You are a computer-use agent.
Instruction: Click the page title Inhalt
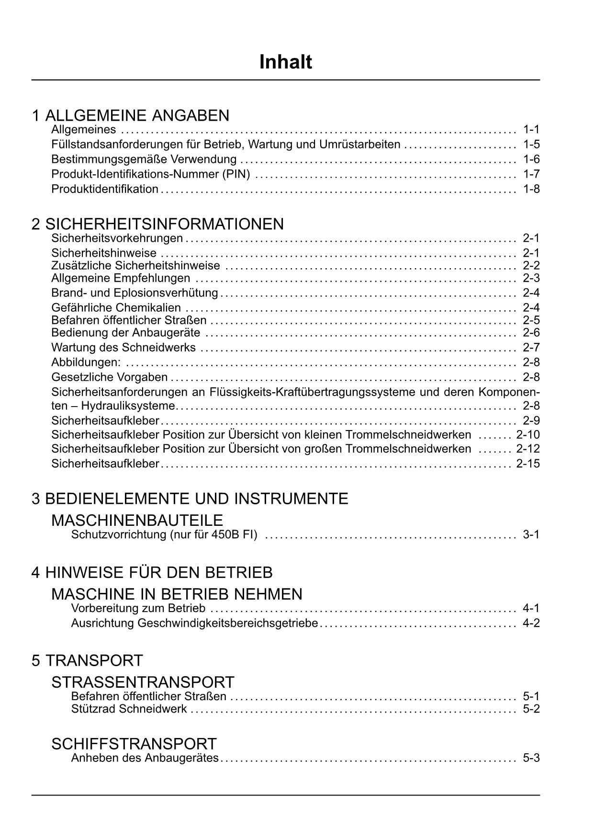coord(285,62)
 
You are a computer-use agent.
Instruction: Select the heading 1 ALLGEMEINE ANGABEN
coord(130,115)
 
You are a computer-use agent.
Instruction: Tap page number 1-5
coord(531,144)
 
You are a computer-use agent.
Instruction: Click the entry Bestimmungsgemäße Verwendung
coord(144,159)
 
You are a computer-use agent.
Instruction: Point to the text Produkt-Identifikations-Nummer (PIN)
coord(150,174)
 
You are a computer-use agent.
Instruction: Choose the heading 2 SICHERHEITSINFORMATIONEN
coord(157,224)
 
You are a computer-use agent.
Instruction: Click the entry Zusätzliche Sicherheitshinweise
coord(135,266)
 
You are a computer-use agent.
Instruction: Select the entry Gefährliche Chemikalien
coord(116,307)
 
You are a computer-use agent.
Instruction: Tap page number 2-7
coord(531,347)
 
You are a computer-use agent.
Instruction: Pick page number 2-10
coord(528,435)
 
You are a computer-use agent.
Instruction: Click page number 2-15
coord(528,464)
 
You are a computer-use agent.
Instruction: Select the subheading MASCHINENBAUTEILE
coord(137,520)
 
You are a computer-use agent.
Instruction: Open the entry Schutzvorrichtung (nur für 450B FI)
coord(164,534)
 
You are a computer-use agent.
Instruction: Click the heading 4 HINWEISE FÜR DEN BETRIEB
coord(152,572)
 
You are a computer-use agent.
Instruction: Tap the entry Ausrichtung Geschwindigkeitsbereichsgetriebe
coord(194,623)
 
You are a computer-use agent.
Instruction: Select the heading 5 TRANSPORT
coord(87,660)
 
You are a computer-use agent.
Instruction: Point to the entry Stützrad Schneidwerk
coord(129,709)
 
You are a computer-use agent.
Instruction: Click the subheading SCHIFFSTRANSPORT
coord(134,744)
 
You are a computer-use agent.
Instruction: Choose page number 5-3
coord(531,758)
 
